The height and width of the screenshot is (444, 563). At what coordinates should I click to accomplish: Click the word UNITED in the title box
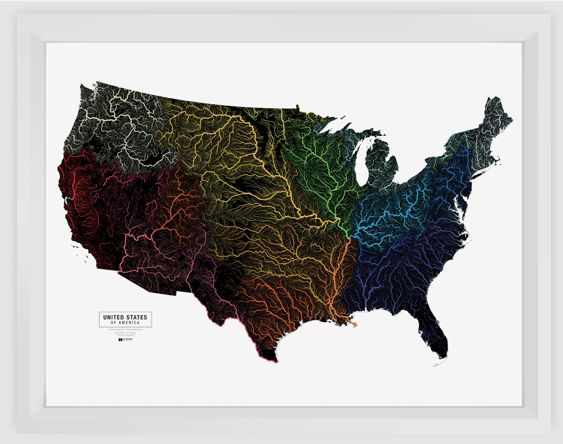[113, 317]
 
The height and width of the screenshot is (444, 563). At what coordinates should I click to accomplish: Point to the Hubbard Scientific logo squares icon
[120, 340]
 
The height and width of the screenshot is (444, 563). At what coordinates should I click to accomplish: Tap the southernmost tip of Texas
[276, 361]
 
